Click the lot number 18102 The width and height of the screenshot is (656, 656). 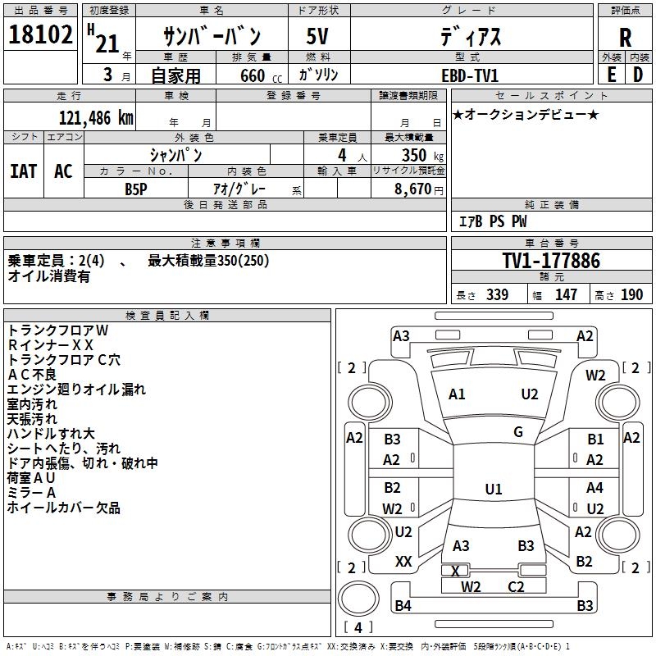point(40,34)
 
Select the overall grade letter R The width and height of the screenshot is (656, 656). point(625,38)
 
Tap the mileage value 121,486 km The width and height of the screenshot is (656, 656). point(96,118)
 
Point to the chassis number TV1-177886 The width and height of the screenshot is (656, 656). point(551,261)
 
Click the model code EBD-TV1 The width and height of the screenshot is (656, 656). point(470,75)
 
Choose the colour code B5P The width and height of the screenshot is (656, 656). point(136,189)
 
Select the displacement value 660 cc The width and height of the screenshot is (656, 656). point(261,75)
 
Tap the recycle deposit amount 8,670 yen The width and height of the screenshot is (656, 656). point(418,189)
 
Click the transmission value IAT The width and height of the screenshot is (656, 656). point(24,171)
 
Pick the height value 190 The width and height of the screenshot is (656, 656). point(631,295)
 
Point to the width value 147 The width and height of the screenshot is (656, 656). point(566,295)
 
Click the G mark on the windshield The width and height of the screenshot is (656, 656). point(518,432)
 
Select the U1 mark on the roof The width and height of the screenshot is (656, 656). point(494,489)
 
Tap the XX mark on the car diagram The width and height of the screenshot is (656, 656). point(403,562)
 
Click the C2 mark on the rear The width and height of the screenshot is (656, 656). point(516,587)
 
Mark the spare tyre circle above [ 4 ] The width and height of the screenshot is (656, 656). point(358,599)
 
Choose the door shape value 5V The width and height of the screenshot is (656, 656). point(317,36)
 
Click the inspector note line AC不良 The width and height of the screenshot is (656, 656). point(31,375)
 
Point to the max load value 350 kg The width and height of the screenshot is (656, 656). point(422,155)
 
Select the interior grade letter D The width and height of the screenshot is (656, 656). point(638,75)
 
